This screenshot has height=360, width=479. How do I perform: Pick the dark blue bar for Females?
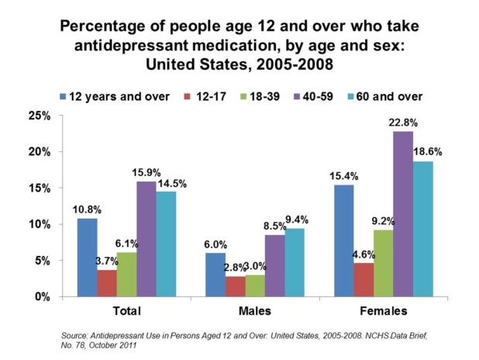pos(343,241)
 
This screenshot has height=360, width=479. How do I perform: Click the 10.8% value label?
pos(87,209)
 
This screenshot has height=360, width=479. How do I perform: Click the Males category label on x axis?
pos(257,312)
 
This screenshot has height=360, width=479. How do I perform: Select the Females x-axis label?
pos(381,312)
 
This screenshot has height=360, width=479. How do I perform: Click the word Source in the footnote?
pos(74,335)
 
